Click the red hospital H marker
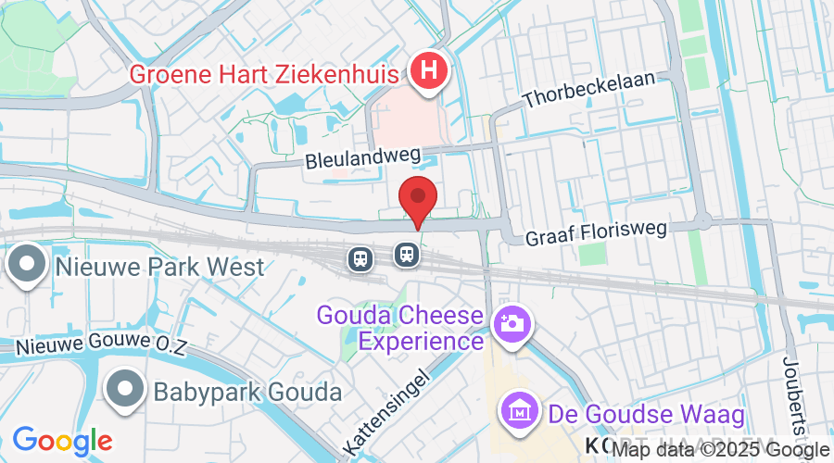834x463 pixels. (x=429, y=70)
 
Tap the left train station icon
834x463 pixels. (x=360, y=257)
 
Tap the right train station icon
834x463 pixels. (x=405, y=253)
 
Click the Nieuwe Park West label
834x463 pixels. (x=160, y=267)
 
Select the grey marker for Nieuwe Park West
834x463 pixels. (x=27, y=265)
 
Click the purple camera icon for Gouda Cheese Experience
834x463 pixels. (x=512, y=324)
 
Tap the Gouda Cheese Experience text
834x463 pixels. (x=401, y=328)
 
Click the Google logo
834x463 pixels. (x=62, y=441)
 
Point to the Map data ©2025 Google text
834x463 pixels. (x=721, y=450)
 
